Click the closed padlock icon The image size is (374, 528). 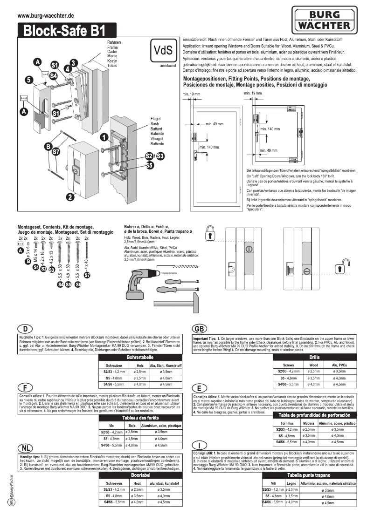tap(210, 232)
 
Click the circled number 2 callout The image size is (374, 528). tap(69, 197)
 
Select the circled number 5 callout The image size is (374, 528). tap(29, 80)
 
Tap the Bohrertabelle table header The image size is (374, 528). tap(140, 357)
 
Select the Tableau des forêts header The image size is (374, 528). tap(140, 418)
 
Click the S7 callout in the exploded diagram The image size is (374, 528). tap(56, 152)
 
